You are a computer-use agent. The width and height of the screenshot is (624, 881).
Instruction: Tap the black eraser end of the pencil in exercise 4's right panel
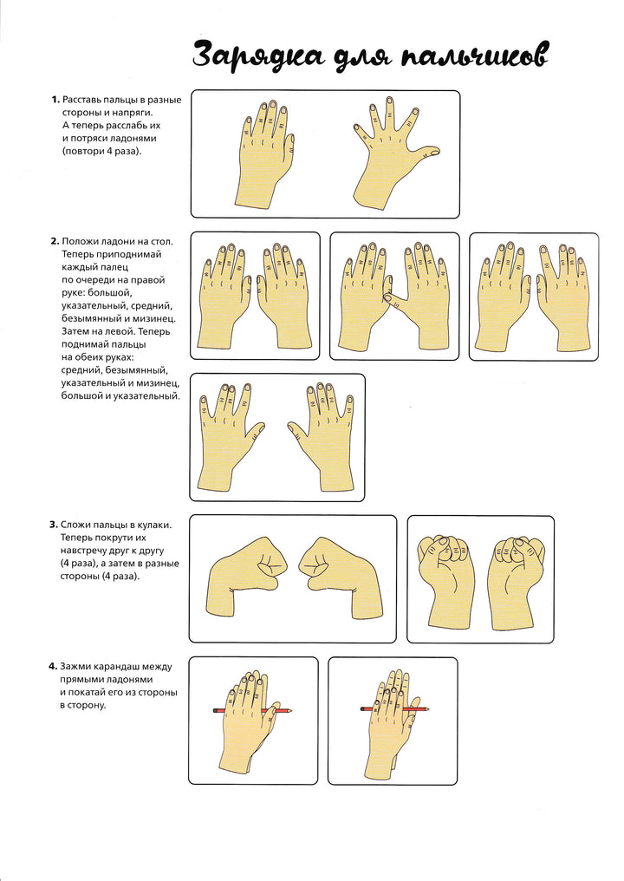click(361, 709)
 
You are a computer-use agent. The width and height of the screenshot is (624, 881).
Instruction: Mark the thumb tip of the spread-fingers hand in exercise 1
click(437, 151)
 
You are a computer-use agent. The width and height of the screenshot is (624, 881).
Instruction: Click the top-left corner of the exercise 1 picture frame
click(192, 91)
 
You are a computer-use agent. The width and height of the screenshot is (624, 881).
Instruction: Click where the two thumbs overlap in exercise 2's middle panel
click(388, 295)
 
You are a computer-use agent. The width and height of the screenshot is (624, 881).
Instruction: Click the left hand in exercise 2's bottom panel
click(231, 435)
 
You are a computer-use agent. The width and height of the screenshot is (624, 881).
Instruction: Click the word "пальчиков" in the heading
click(474, 56)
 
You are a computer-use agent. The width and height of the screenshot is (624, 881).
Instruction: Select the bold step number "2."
click(55, 242)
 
